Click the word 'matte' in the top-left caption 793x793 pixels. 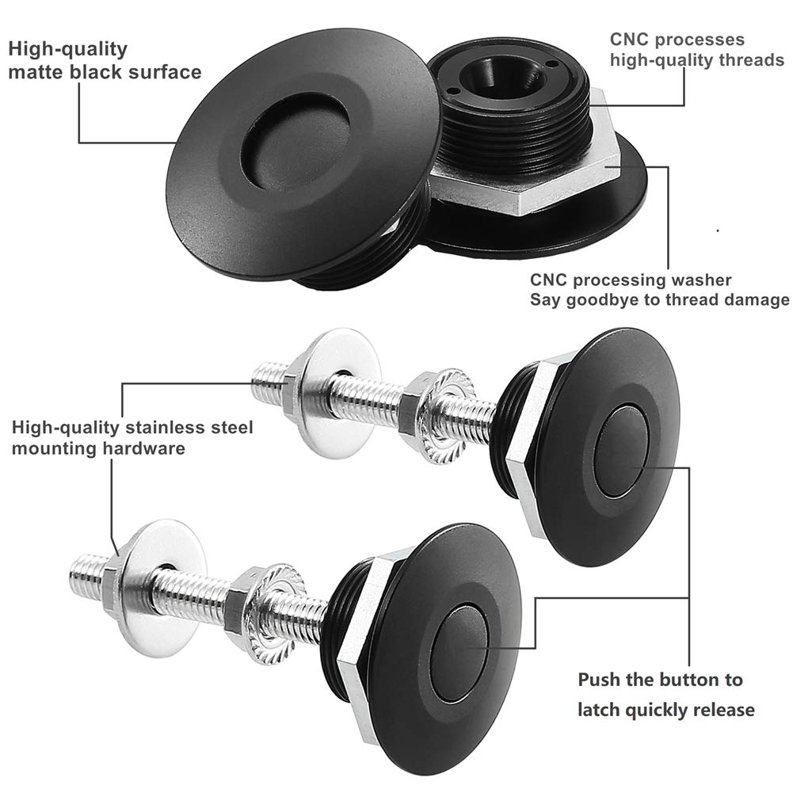pyautogui.click(x=36, y=72)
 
